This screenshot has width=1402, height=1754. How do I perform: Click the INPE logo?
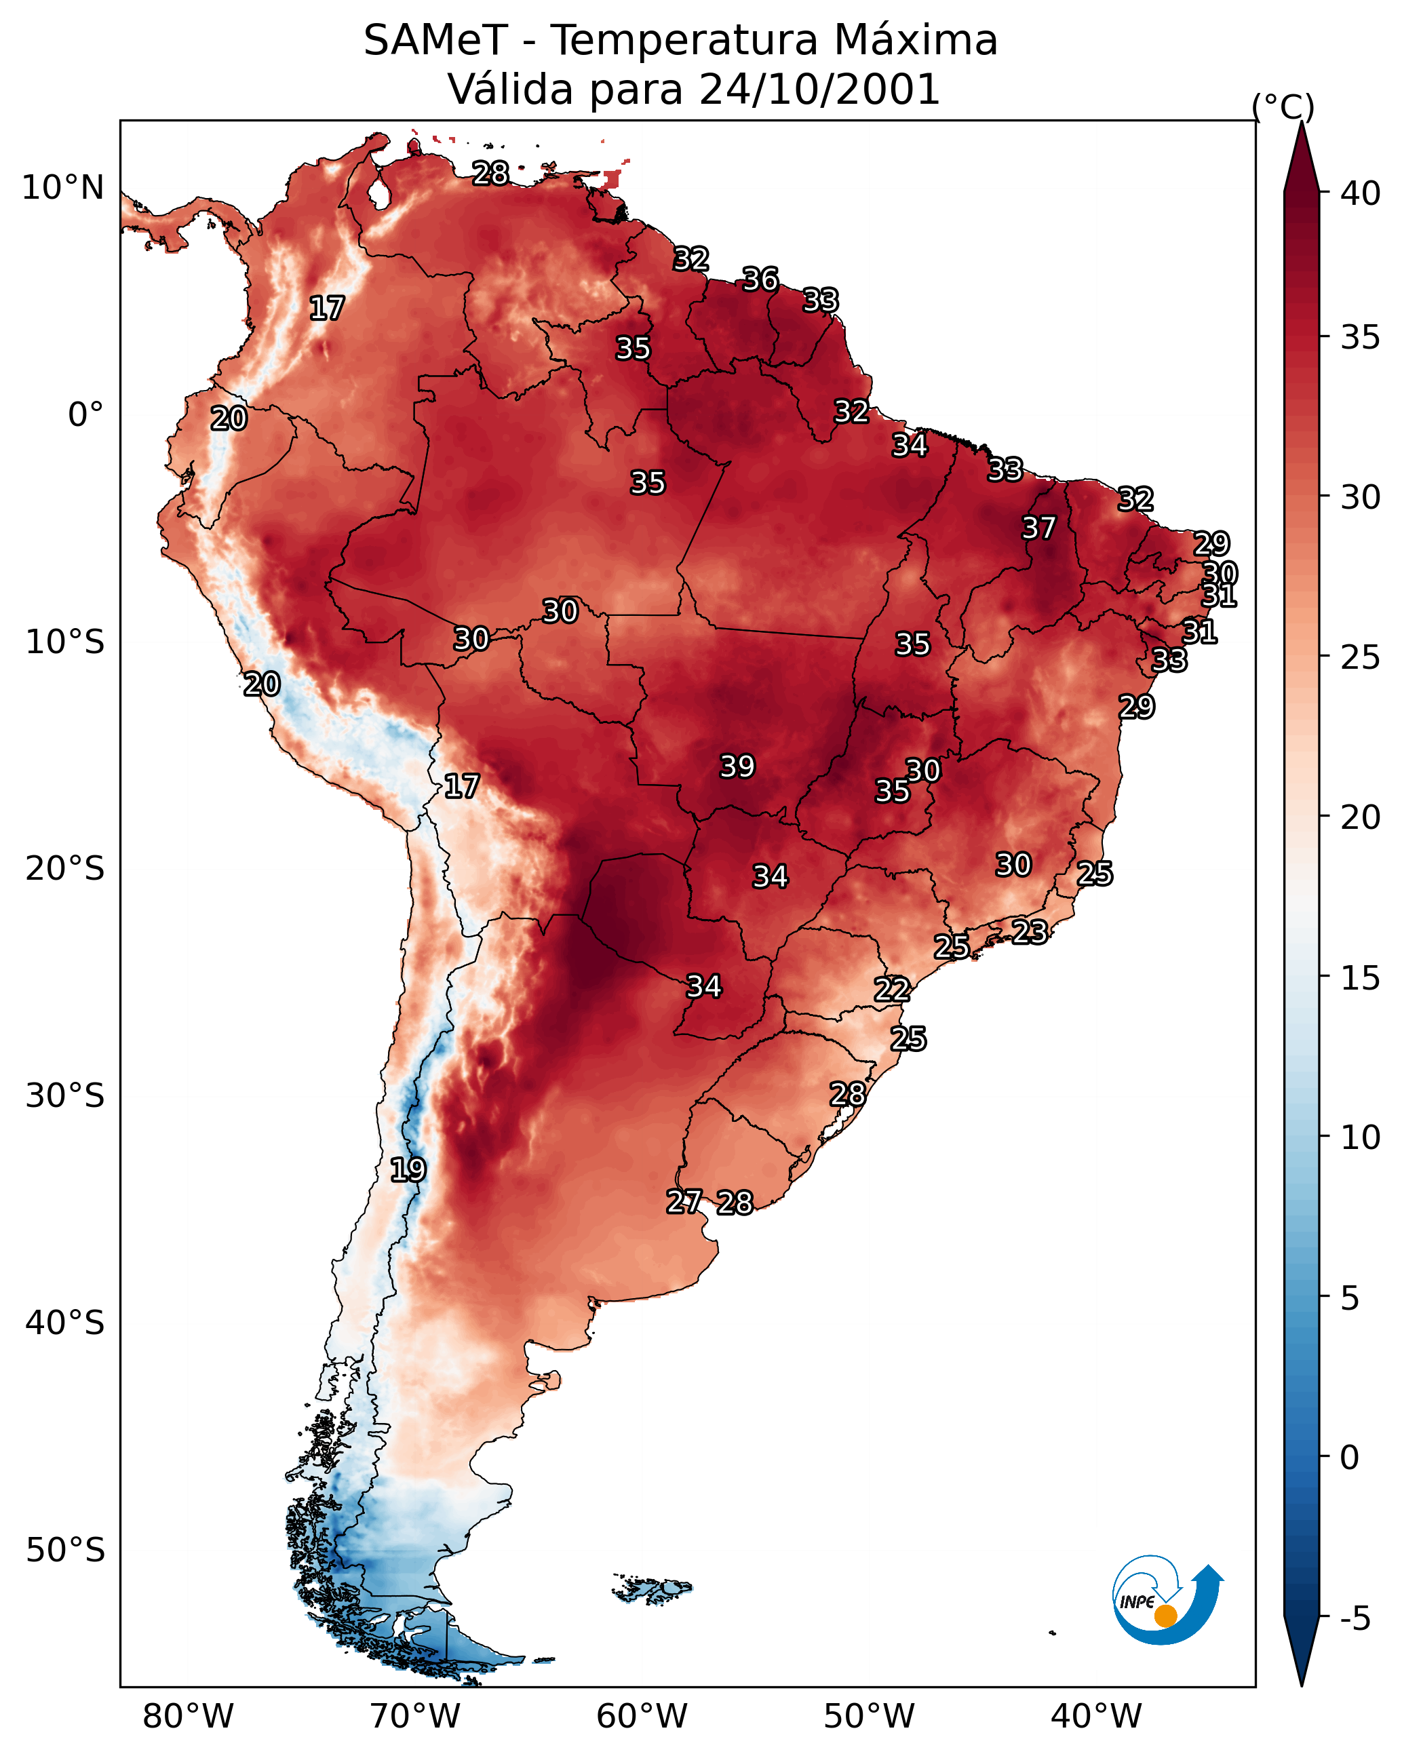[x=1168, y=1601]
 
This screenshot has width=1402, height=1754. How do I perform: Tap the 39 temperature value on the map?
[x=737, y=766]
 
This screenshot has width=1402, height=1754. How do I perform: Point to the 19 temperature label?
[x=408, y=1170]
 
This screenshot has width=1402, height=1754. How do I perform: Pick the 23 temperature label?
[x=1030, y=931]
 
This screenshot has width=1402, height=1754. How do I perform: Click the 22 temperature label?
[x=892, y=990]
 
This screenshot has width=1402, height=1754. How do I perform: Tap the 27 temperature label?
[x=684, y=1202]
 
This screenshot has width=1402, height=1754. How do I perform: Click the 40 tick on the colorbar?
[x=1361, y=193]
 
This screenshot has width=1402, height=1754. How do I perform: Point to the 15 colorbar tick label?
[x=1361, y=978]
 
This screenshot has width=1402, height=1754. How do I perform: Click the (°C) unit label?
[x=1283, y=107]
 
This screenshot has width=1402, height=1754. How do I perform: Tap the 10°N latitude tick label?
[x=62, y=188]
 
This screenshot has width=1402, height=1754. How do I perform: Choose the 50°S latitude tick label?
[x=65, y=1551]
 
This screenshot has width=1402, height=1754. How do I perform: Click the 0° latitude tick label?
[x=86, y=415]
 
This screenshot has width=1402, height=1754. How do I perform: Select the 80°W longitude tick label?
[x=188, y=1717]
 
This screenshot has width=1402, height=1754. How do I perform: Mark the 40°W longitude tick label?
[x=1097, y=1717]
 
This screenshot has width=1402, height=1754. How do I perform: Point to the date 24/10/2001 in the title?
[x=819, y=90]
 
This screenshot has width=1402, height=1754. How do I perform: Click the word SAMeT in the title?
[x=435, y=41]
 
